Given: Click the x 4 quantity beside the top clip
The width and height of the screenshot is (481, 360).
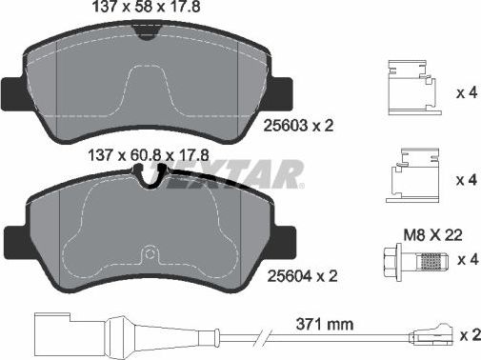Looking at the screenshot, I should [466, 93].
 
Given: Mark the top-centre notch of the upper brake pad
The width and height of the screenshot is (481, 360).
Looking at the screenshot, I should [145, 31].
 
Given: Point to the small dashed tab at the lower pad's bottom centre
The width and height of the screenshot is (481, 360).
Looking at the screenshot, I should [149, 257].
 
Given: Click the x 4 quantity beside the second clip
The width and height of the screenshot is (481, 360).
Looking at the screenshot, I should [466, 179].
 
